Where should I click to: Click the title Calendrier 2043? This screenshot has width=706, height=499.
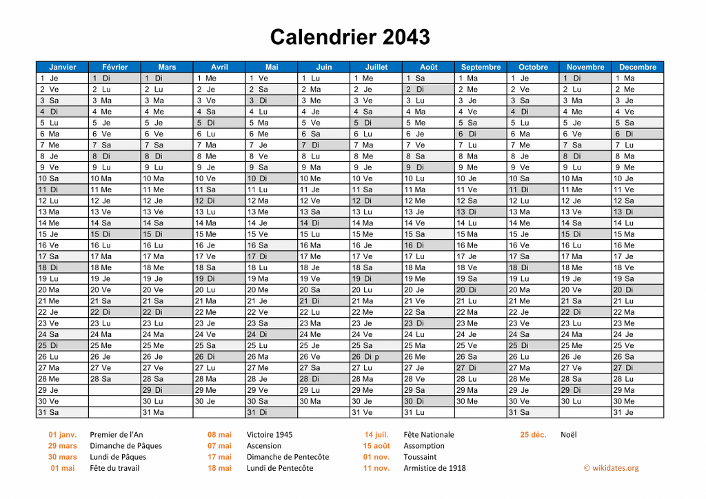click(x=350, y=37)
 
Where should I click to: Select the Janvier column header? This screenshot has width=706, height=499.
click(x=62, y=67)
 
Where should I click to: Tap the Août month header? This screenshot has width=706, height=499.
click(x=428, y=67)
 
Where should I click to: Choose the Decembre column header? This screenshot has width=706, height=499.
click(x=637, y=67)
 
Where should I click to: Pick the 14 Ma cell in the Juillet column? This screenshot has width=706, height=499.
click(x=376, y=223)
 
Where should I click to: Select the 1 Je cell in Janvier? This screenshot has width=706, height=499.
click(x=62, y=78)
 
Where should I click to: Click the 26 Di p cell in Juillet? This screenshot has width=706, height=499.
click(x=376, y=356)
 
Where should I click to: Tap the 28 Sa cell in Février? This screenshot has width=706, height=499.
click(x=114, y=378)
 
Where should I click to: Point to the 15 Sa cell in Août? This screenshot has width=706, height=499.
click(x=428, y=234)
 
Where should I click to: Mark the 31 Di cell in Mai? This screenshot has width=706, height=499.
click(x=271, y=412)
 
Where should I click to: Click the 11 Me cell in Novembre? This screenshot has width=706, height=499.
click(x=585, y=190)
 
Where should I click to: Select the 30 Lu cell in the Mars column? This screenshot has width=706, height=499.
click(x=167, y=401)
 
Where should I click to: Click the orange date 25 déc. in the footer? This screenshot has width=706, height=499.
click(x=533, y=434)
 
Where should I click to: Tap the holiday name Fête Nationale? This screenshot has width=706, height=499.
click(x=429, y=434)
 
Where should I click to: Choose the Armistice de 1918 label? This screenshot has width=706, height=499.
click(x=434, y=468)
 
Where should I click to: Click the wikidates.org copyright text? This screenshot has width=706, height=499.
click(x=611, y=468)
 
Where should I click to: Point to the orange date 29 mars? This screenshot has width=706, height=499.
click(x=62, y=445)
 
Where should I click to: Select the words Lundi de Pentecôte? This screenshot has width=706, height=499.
click(x=280, y=468)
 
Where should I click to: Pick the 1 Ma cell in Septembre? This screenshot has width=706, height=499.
click(x=481, y=78)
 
